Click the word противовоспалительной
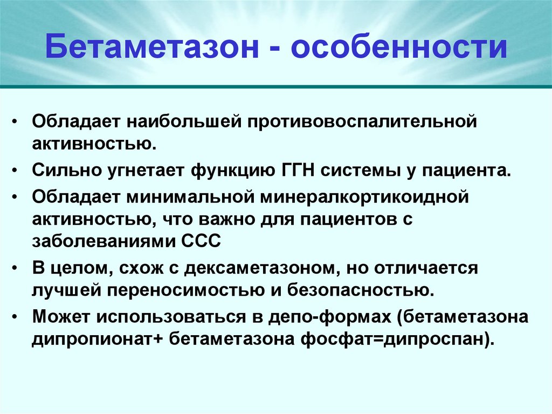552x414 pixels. point(362,121)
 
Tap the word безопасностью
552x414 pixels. point(361,290)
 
